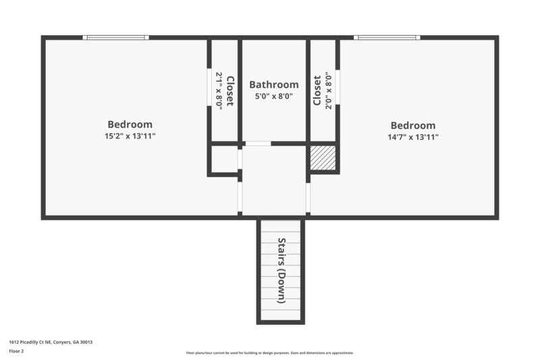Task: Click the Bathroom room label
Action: (x=273, y=84)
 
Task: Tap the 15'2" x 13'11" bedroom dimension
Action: (x=130, y=136)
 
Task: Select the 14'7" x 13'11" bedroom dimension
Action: (x=413, y=136)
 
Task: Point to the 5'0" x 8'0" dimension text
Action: (x=273, y=96)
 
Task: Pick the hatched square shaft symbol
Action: (x=323, y=158)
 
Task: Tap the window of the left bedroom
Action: (x=115, y=37)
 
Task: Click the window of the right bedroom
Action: (x=387, y=37)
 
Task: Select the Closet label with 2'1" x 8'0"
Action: (x=230, y=91)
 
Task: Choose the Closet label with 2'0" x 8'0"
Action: (x=317, y=91)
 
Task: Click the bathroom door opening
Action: (x=258, y=143)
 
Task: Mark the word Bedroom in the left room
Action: (x=130, y=124)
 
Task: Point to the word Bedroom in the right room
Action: (x=413, y=125)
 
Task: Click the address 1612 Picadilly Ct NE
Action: (x=51, y=342)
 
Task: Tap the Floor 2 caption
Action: (x=16, y=351)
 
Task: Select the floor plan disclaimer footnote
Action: (x=270, y=353)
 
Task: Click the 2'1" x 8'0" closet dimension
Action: (x=219, y=91)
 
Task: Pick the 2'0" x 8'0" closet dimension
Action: (x=328, y=91)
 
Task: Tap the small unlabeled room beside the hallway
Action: (x=224, y=159)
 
